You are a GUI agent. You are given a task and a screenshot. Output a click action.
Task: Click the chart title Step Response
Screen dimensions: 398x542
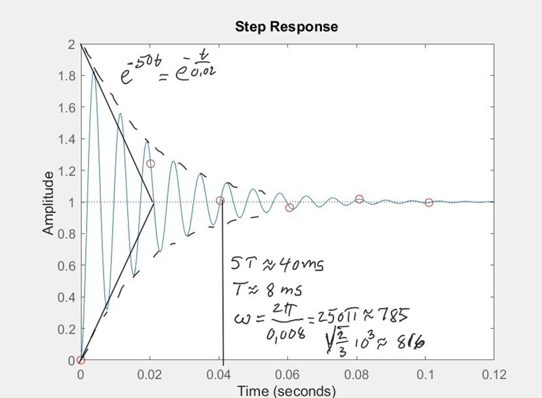click(286, 27)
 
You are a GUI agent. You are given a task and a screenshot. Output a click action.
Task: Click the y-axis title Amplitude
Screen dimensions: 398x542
click(49, 203)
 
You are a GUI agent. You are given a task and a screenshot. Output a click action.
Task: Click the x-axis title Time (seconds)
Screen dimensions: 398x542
click(287, 391)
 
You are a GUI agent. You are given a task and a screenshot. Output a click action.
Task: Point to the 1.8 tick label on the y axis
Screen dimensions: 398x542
click(66, 76)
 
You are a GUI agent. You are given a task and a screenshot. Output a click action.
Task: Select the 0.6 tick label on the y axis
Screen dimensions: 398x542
click(66, 266)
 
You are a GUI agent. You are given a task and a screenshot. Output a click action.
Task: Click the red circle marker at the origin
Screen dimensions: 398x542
click(81, 360)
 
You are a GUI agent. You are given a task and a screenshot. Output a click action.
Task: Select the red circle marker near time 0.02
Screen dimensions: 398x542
click(150, 163)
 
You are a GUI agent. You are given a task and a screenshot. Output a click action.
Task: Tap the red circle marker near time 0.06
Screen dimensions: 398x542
click(289, 207)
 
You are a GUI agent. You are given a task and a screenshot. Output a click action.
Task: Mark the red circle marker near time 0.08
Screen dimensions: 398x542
click(359, 199)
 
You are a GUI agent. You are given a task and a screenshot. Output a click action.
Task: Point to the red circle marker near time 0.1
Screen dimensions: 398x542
click(428, 202)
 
